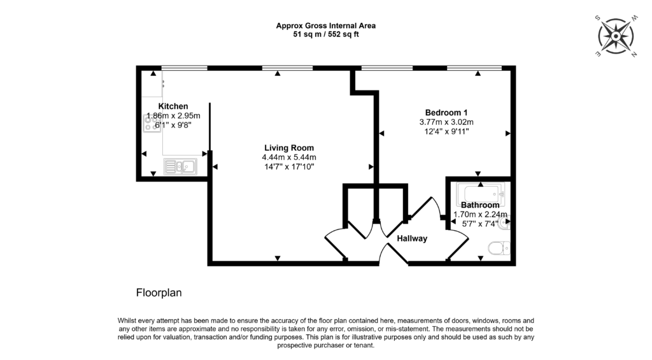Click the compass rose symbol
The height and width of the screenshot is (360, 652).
click(x=616, y=36)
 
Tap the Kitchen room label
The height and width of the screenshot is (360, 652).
click(x=173, y=106)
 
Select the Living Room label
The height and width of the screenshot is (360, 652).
click(x=289, y=148)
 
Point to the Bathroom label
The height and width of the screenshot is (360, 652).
click(x=480, y=205)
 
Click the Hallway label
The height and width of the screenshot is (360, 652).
click(x=412, y=238)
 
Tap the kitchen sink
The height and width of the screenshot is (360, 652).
click(x=181, y=167)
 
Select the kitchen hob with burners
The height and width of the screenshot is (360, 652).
click(x=152, y=122)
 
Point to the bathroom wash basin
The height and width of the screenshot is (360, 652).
click(x=506, y=224)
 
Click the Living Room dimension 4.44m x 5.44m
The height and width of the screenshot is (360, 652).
click(x=289, y=157)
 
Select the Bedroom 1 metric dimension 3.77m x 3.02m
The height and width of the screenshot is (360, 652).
click(x=446, y=122)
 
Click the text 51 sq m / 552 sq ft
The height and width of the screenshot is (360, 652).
click(x=325, y=34)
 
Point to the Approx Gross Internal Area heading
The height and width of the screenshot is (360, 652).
click(x=325, y=25)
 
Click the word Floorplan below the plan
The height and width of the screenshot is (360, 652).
click(x=159, y=294)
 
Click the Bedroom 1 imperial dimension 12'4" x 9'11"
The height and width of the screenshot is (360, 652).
click(x=446, y=132)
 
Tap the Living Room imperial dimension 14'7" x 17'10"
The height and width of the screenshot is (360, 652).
click(x=289, y=167)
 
